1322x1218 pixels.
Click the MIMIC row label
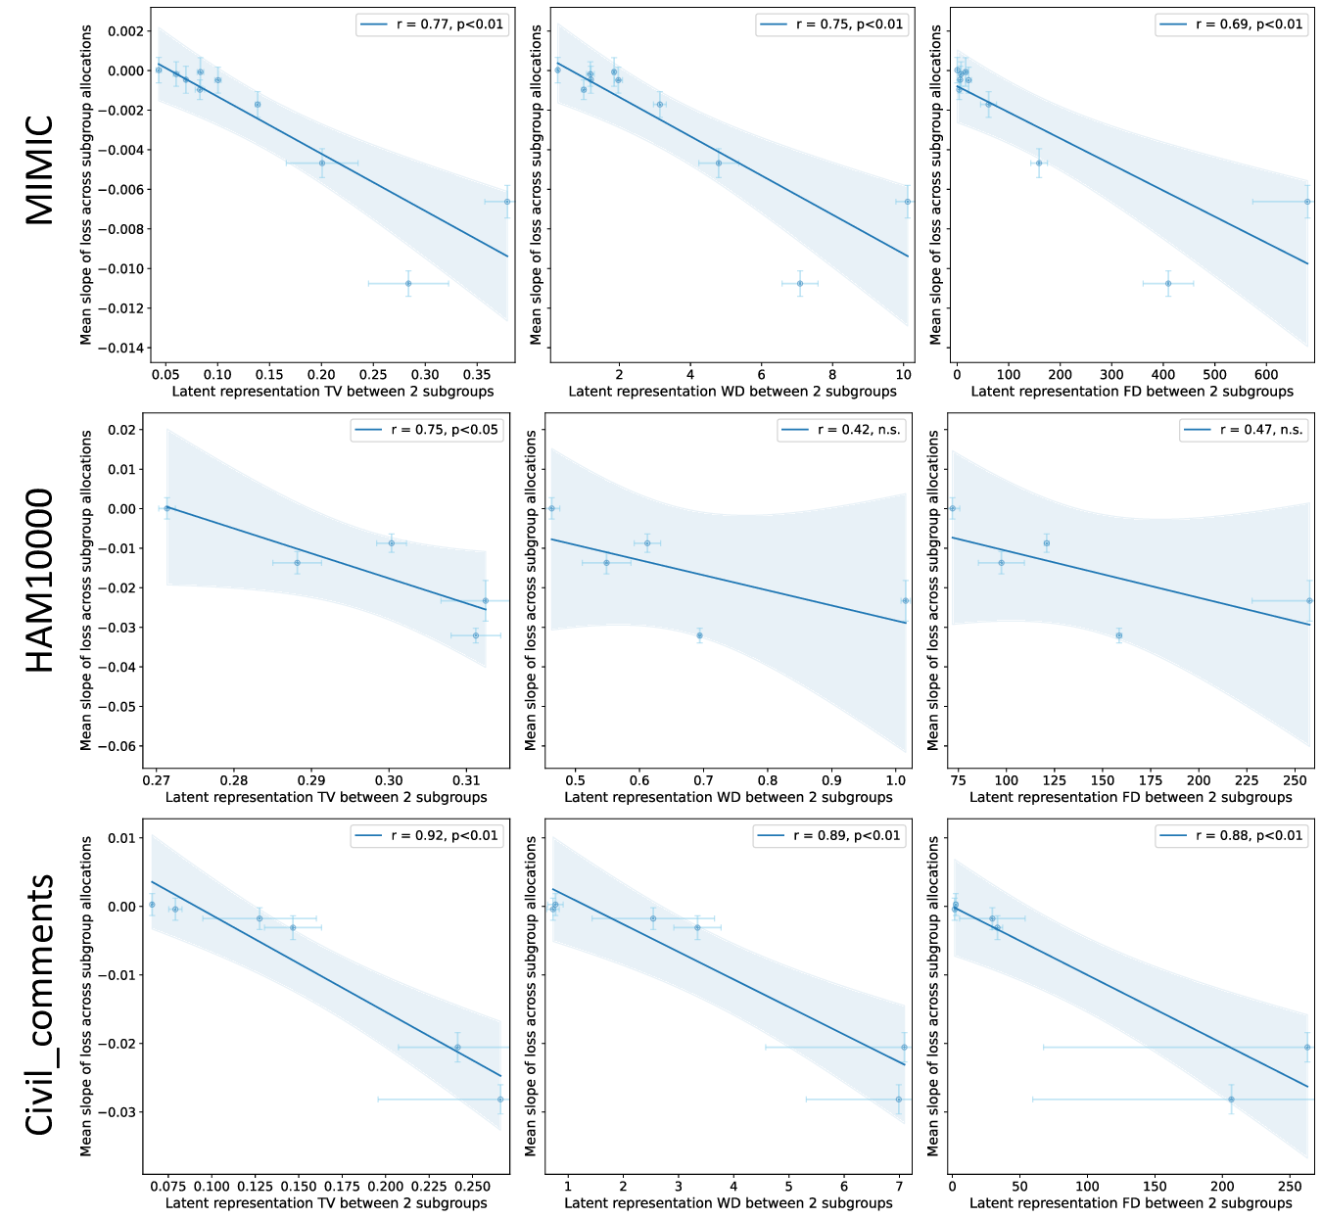coord(39,170)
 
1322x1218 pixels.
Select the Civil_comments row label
coord(39,1005)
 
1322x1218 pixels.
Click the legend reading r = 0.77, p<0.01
coord(432,24)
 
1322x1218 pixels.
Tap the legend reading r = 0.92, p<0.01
coord(428,836)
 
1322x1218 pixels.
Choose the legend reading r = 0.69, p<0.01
coord(1232,24)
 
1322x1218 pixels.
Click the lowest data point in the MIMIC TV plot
coord(408,283)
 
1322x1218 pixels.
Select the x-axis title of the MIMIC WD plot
coord(732,392)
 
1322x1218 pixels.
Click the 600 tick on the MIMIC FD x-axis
coord(1266,374)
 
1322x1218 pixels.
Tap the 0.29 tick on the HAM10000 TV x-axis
coord(311,780)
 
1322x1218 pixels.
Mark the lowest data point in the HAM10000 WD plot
coord(699,635)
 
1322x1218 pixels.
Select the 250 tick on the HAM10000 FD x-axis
coord(1295,780)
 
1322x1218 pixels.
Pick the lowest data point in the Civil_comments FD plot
coord(1231,1100)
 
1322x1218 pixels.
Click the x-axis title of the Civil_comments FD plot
coord(1131,1203)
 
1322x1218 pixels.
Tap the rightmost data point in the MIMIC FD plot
coord(1307,202)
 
